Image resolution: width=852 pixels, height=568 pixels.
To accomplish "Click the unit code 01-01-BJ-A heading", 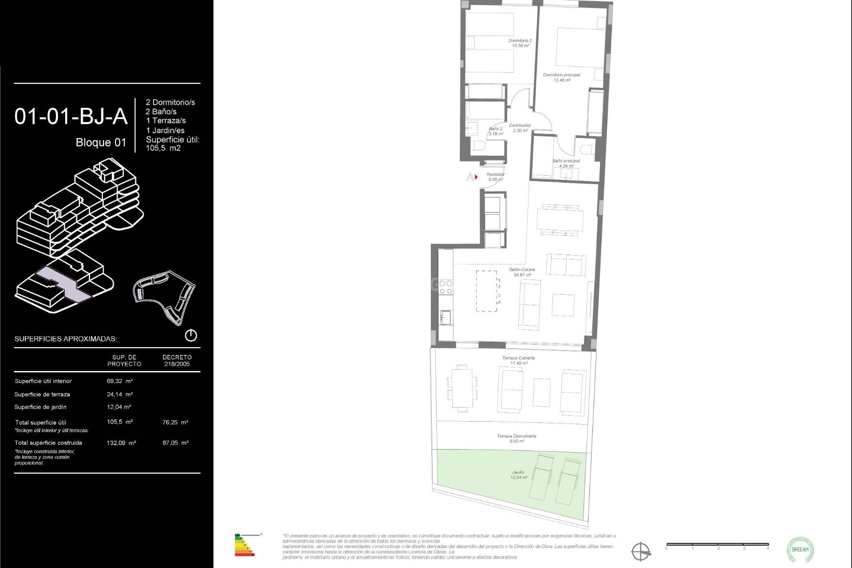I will click(x=71, y=117).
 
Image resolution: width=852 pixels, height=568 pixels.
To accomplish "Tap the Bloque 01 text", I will click(x=101, y=142).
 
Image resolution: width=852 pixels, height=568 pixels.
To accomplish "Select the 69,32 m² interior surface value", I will click(x=120, y=381).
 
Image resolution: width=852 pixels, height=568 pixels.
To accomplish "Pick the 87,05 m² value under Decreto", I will click(x=175, y=443).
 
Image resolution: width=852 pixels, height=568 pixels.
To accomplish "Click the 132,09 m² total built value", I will click(x=121, y=443).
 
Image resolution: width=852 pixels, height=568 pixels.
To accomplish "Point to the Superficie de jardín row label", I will click(x=40, y=407).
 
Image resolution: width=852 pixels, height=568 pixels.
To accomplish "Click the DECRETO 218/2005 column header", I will click(x=177, y=360).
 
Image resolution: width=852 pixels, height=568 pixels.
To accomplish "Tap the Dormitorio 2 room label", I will click(x=520, y=43).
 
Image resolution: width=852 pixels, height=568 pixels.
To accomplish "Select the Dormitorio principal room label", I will click(x=561, y=78).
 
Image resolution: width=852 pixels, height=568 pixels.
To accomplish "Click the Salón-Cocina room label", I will click(x=522, y=272).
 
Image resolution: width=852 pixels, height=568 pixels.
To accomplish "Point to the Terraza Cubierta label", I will click(x=518, y=360).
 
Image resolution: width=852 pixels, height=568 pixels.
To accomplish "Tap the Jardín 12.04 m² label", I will click(x=518, y=475).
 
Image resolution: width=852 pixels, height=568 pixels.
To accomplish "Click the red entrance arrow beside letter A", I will click(x=476, y=177).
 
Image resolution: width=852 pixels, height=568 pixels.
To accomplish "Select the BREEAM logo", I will click(x=800, y=549).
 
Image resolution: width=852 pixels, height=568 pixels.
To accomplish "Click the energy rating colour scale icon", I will click(x=245, y=545).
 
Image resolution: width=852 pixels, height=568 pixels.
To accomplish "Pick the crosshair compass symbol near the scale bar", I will click(x=641, y=552).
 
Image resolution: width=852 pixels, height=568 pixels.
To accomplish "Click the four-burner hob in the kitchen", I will click(x=446, y=287).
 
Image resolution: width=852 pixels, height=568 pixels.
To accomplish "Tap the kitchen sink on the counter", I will click(x=445, y=317).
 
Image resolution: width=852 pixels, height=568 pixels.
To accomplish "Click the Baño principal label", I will click(x=566, y=163).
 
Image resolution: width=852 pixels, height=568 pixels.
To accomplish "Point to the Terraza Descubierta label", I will click(x=517, y=438).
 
